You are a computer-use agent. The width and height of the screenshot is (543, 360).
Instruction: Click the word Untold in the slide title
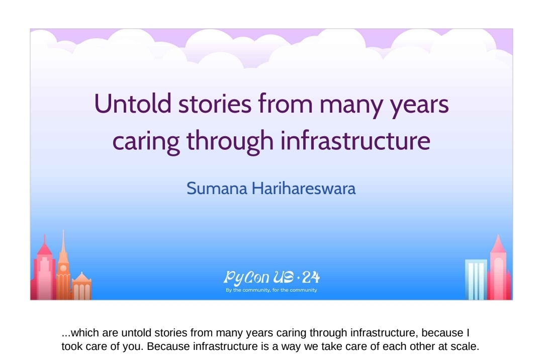point(133,104)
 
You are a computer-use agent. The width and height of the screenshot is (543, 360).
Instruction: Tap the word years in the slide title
point(420,107)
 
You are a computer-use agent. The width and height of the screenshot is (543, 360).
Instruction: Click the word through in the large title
point(230,141)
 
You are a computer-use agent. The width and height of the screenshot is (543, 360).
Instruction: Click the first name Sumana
point(217,189)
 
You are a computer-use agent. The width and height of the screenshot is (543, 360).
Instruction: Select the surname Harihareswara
point(304,189)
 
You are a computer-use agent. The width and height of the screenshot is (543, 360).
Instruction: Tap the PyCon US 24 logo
point(271,278)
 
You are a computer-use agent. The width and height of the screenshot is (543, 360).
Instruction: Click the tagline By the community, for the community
point(271,290)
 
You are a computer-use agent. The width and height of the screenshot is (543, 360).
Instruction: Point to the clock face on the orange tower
point(63,268)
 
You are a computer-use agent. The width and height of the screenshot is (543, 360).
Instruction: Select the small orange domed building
point(82,286)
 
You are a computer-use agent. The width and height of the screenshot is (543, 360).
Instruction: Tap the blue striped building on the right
point(476,280)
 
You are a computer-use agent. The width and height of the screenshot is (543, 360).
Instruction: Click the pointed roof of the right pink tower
point(498,244)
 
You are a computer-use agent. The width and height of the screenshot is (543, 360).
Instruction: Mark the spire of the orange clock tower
point(63,242)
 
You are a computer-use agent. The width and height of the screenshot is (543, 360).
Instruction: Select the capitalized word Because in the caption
point(168,346)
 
